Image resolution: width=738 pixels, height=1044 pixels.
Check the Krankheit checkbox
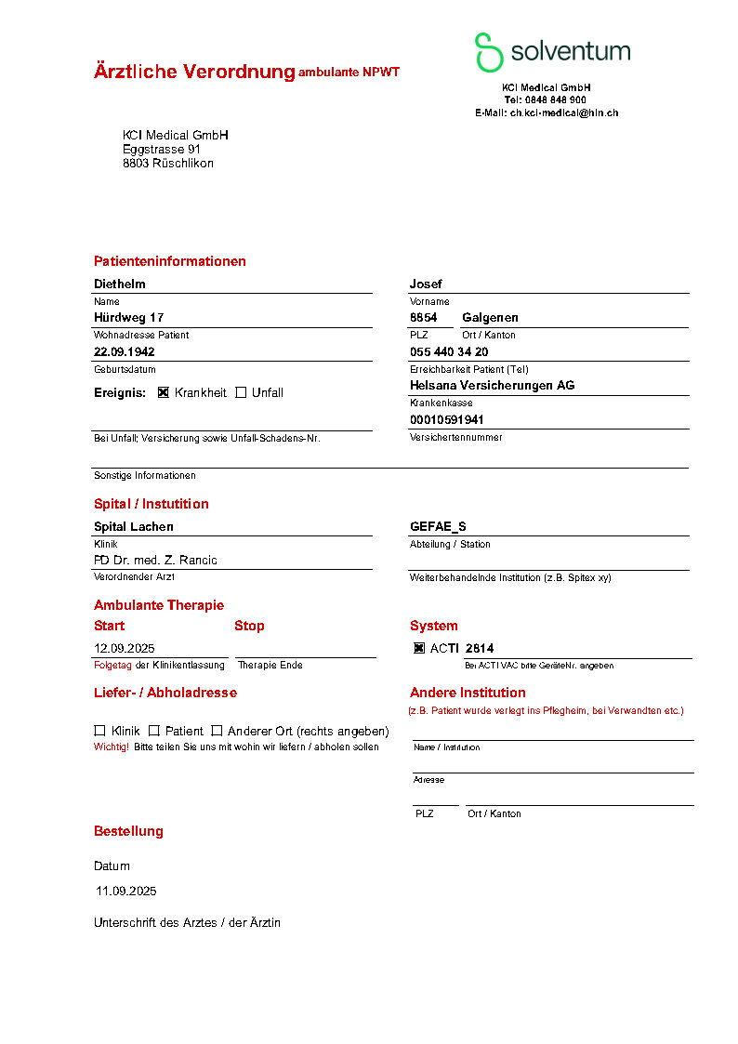(x=164, y=392)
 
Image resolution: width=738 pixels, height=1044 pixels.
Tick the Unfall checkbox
(x=241, y=392)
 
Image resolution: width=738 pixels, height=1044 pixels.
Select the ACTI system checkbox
(x=419, y=648)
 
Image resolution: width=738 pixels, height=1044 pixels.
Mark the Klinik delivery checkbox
(x=99, y=731)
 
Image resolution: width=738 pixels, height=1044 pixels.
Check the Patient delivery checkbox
(x=154, y=731)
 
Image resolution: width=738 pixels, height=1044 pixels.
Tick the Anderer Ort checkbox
(x=217, y=731)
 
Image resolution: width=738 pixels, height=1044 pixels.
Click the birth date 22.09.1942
(x=125, y=351)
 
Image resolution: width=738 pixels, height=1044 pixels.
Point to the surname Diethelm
(x=120, y=284)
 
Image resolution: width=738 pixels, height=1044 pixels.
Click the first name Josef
(x=426, y=284)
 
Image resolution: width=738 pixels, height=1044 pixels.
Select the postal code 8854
(x=423, y=317)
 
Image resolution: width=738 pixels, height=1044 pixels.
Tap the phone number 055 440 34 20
(x=449, y=351)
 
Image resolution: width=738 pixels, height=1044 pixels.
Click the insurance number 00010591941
(x=447, y=419)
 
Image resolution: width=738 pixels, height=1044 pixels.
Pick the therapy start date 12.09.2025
(x=125, y=648)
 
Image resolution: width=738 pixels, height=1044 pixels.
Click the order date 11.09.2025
(x=126, y=891)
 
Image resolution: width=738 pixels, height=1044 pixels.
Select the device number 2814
(x=480, y=648)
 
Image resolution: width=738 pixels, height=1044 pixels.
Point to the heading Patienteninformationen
(x=170, y=261)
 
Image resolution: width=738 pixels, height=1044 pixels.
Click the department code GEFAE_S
(x=438, y=526)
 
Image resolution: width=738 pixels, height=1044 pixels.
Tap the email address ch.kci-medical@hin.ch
(x=564, y=112)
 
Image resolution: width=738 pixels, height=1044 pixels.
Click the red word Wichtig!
(x=112, y=747)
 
